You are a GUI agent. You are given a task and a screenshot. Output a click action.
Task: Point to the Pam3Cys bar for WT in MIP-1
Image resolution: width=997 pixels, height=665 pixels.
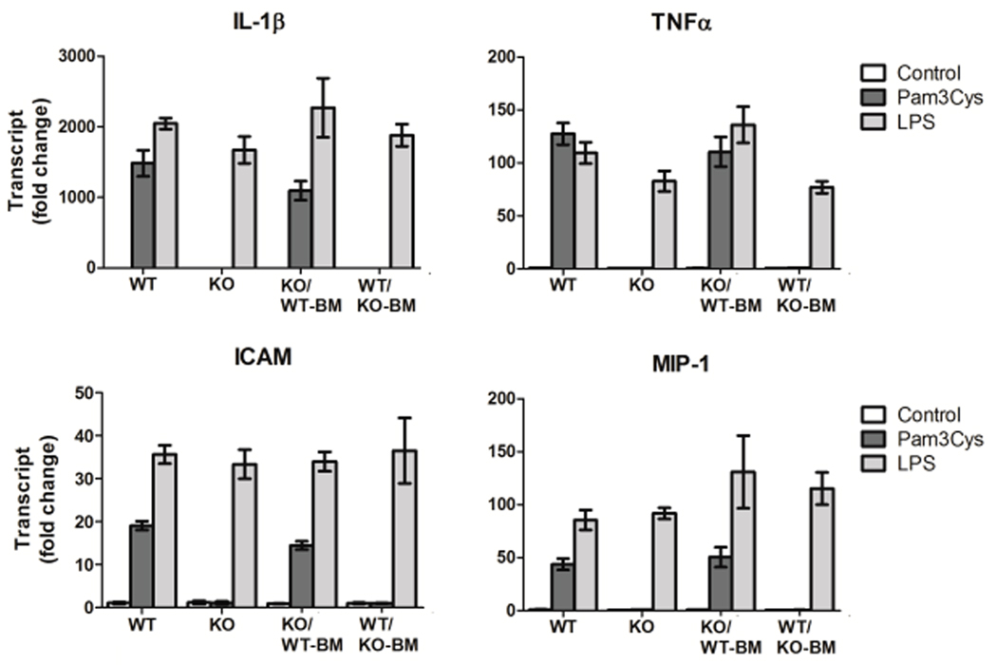point(563,587)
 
